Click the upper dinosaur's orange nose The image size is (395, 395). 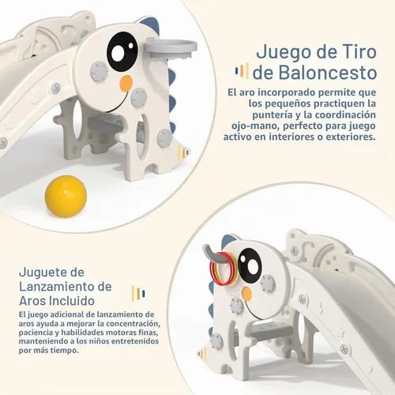(126, 83)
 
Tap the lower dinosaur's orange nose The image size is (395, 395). (246, 294)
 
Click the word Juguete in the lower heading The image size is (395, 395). (51, 273)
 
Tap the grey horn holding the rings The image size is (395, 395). (213, 254)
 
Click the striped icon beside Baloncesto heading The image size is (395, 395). (242, 70)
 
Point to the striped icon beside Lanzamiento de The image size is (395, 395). (138, 293)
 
